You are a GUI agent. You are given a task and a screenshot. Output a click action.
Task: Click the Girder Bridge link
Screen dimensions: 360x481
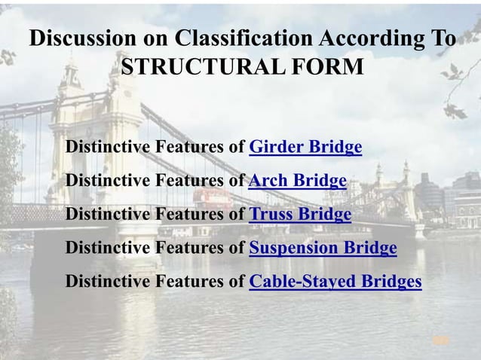305,147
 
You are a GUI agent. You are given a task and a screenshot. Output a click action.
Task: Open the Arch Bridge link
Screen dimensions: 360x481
297,181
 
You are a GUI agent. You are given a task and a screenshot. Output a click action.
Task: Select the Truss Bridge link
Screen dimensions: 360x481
300,215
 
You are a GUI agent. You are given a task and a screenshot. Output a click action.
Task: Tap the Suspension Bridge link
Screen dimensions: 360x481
323,248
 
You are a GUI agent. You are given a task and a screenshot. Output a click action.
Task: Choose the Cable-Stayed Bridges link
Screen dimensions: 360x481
335,282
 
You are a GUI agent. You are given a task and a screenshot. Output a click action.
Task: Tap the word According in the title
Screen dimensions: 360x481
369,38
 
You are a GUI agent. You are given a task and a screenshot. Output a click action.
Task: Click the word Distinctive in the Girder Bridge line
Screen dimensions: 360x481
106,147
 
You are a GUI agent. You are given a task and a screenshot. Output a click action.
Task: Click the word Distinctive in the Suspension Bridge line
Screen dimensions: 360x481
106,248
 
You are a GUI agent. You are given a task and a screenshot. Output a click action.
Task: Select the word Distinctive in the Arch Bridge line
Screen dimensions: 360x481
106,181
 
